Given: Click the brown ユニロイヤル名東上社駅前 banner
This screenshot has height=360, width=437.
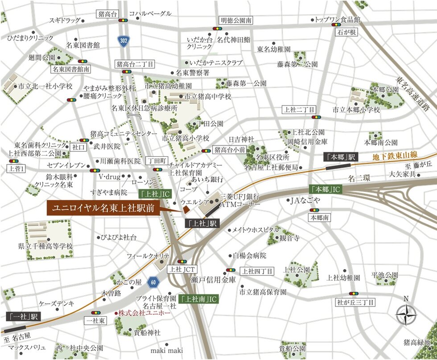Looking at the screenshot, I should click(x=103, y=208).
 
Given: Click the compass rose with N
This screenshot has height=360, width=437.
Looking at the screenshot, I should click(x=406, y=315).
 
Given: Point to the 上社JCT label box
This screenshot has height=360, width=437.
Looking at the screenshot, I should click(x=181, y=270).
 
